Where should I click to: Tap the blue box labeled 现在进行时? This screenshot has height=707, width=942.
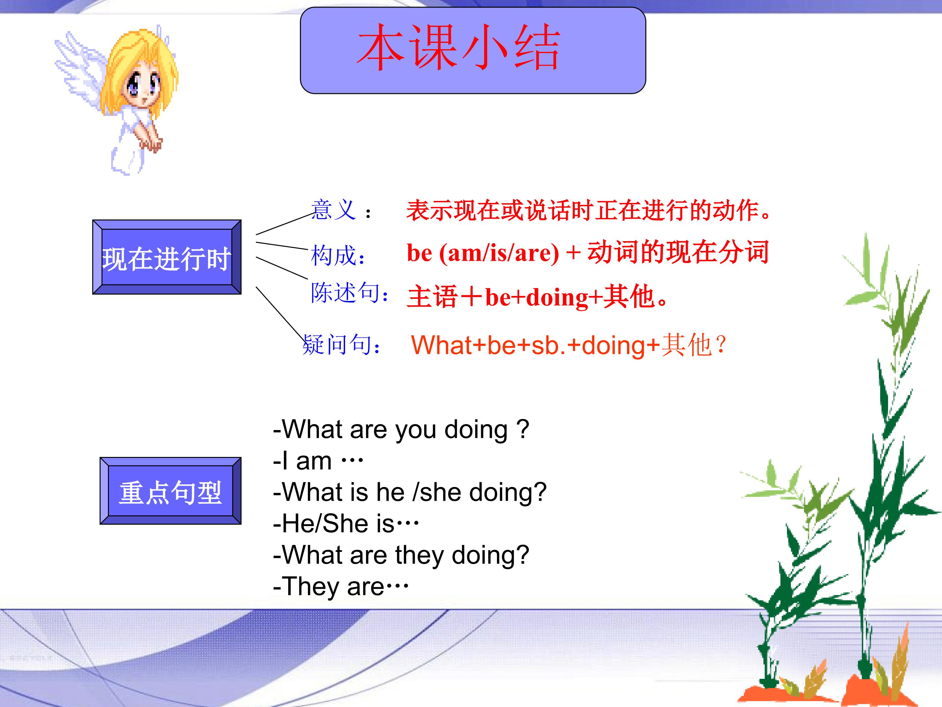(167, 257)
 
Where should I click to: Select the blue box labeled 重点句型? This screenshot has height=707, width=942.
(170, 491)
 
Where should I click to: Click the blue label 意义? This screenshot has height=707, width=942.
(333, 210)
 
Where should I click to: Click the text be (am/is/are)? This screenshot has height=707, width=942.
(483, 253)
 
